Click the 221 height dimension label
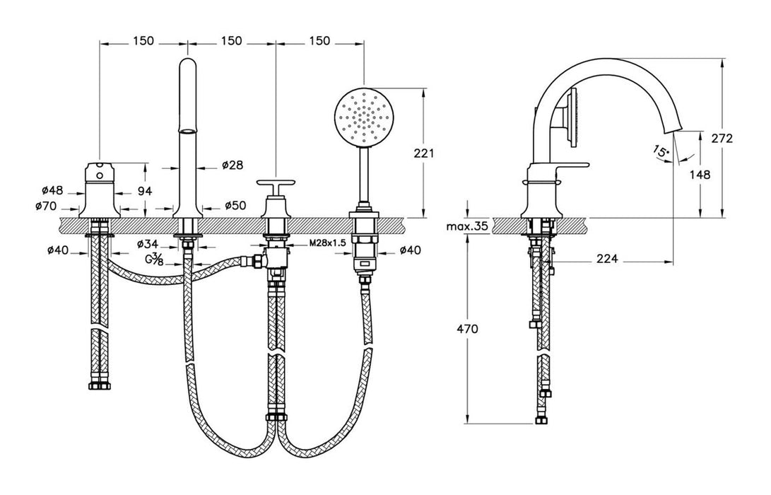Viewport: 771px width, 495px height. point(425,153)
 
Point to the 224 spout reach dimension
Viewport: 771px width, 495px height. point(607,260)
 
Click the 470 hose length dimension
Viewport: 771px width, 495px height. point(468,329)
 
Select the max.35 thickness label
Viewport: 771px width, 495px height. point(468,227)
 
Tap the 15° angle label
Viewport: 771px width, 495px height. point(661,151)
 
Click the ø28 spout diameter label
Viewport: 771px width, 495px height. point(233,165)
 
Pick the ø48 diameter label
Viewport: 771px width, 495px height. point(53,190)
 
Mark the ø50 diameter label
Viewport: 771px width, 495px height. point(235,206)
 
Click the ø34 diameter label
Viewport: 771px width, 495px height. point(148,244)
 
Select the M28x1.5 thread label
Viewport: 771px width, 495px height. point(328,243)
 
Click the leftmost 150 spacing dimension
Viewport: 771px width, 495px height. point(143,41)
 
